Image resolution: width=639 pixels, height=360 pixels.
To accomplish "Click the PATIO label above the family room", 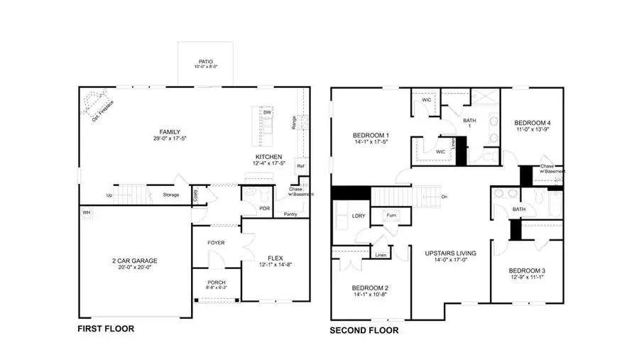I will point(206,62).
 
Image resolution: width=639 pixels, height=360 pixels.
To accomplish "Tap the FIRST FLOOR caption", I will point(105,329).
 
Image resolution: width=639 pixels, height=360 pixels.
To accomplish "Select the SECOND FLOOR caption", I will point(364,330).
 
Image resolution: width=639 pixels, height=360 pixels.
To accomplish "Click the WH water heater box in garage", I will point(86,212).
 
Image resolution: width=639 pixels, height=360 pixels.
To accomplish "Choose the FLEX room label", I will point(275,258).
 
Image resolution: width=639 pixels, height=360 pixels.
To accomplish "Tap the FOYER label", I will point(216,243).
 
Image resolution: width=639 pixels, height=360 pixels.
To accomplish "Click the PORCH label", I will point(216,282).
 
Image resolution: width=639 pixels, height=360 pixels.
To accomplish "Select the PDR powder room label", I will point(246,208).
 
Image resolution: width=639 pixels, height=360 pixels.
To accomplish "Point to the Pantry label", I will point(290,214).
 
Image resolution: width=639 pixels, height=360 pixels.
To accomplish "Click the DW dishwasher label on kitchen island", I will point(267,112).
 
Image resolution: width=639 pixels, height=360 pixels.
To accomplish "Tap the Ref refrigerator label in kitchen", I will point(300,167).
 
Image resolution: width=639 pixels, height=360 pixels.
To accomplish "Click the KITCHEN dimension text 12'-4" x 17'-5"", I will point(269,164).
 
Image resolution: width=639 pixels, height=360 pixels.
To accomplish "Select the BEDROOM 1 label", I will point(371,135).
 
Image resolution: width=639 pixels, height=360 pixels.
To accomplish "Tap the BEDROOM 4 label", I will point(532,122).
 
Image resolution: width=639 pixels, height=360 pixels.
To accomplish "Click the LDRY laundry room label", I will point(358,215).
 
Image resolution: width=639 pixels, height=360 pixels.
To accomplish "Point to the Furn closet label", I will point(390,214).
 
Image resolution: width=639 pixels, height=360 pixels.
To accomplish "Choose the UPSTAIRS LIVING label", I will point(450,253).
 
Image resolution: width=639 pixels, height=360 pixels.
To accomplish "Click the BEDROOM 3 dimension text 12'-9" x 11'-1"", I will point(527,278).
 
